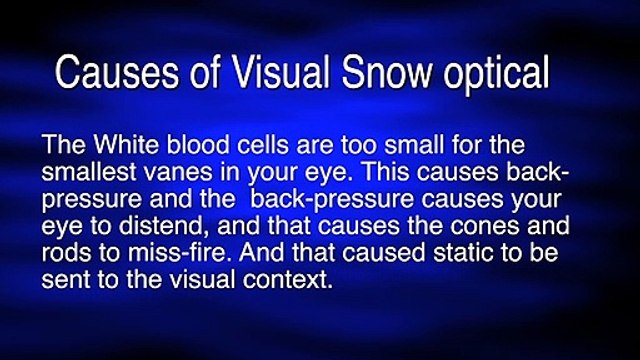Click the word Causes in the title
point(117,72)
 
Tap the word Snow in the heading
point(387,72)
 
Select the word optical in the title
point(497,76)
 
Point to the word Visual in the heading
point(280,72)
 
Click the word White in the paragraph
point(126,144)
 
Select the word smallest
point(89,172)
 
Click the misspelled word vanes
point(178,174)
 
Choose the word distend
point(164,226)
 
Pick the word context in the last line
point(288,280)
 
